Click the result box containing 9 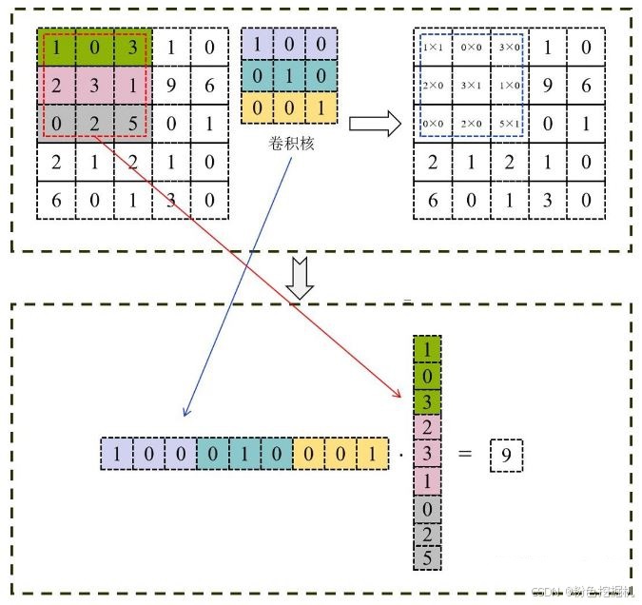point(506,456)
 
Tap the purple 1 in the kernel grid point(259,44)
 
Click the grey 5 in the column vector point(426,557)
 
